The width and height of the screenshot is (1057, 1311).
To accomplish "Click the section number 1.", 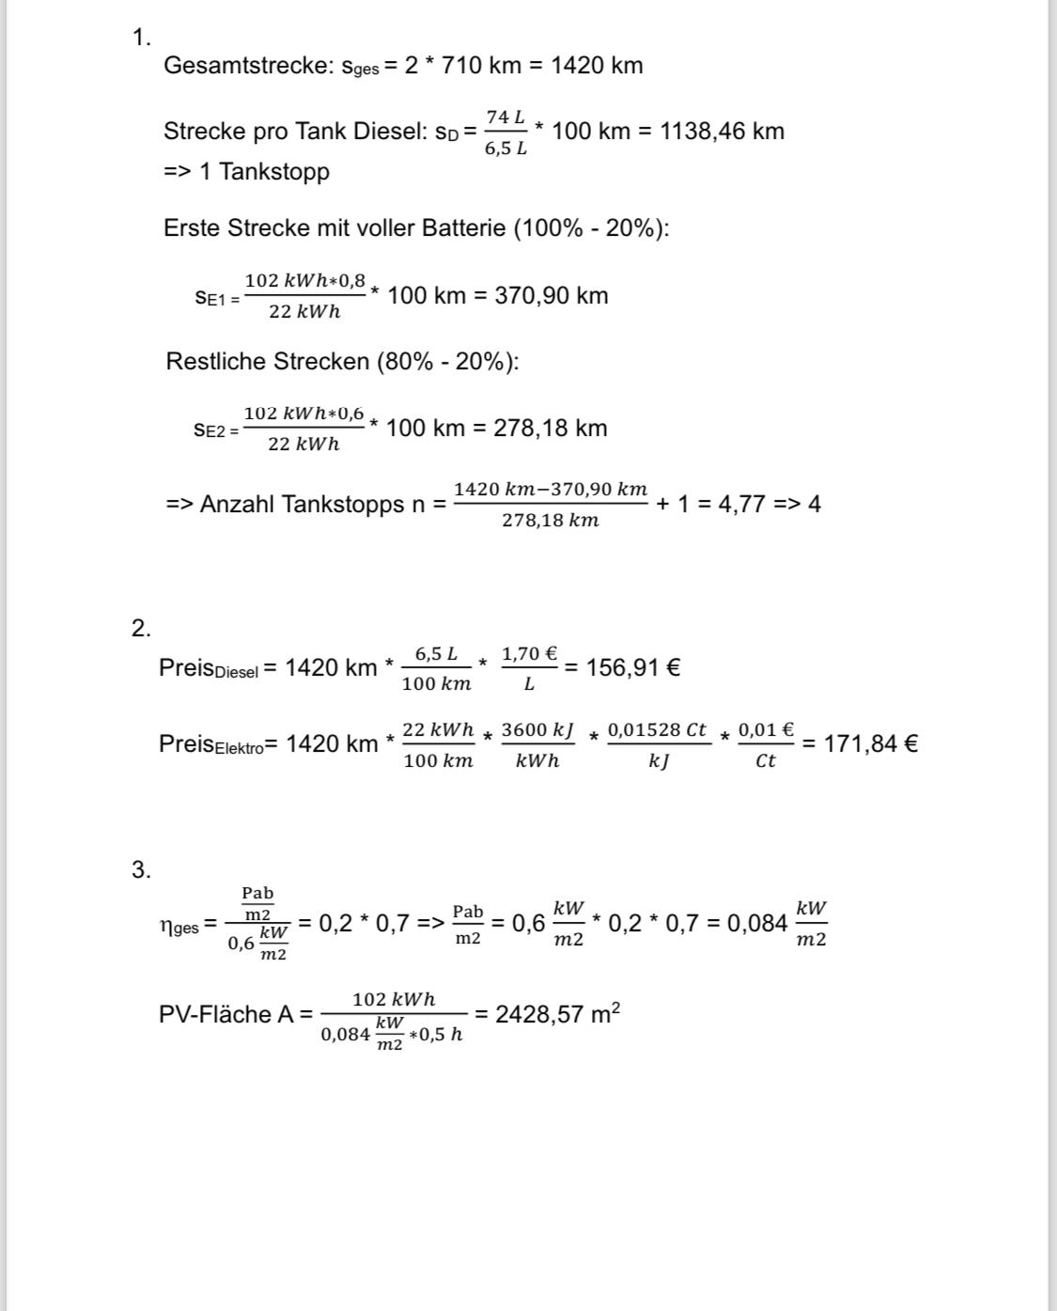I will (x=141, y=38).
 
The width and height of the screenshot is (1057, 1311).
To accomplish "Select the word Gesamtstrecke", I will (x=247, y=66).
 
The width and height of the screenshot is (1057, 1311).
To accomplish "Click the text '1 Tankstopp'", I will (x=264, y=172).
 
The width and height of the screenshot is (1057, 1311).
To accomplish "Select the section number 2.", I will (x=141, y=629).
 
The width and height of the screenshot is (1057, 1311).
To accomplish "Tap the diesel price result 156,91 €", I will (x=633, y=667).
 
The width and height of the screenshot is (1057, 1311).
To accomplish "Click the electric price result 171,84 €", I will (x=871, y=743).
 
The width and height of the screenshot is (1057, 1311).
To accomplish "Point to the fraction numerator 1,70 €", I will (x=529, y=653).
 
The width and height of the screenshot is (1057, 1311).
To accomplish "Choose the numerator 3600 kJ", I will (x=537, y=730).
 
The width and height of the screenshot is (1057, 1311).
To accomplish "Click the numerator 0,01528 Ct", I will (x=658, y=730).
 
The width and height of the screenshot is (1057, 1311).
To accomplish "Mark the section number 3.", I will (x=141, y=870).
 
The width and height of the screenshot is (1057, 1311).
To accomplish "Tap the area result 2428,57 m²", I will (x=557, y=1014).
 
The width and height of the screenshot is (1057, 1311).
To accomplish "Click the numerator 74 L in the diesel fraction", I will (x=505, y=117).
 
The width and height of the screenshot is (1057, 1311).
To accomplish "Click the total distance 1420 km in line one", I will (x=597, y=66).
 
